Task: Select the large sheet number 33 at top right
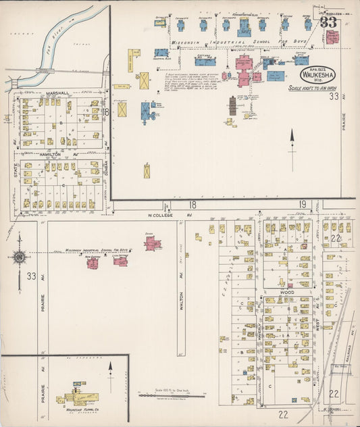click(x=329, y=22)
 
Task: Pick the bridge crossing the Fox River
click(x=45, y=70)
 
